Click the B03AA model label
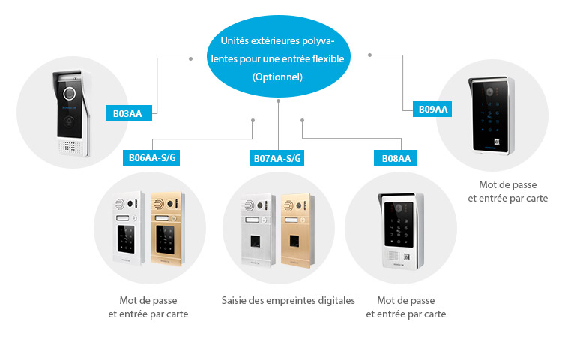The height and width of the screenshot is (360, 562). [x=129, y=113]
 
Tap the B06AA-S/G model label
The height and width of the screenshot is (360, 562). [x=151, y=157]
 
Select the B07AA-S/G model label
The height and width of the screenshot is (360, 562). [x=277, y=158]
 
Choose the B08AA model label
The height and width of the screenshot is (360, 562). [x=396, y=158]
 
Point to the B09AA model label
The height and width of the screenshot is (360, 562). [x=432, y=109]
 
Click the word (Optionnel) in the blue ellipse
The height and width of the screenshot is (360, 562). [x=277, y=76]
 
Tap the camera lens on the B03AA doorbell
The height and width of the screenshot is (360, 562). [x=70, y=93]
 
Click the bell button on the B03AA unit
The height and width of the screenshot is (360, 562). [x=69, y=123]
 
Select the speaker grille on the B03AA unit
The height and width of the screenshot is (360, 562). [x=69, y=147]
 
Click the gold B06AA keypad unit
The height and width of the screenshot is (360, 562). [x=167, y=229]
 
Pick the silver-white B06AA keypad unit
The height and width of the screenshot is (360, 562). [x=129, y=229]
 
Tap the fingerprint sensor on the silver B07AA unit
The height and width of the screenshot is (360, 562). [x=255, y=242]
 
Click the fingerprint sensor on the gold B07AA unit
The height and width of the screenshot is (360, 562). [x=294, y=242]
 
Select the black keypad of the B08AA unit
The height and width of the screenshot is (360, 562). [x=399, y=225]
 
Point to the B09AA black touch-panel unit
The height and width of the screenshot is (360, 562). [x=491, y=115]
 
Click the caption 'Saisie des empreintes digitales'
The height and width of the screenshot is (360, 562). [x=288, y=301]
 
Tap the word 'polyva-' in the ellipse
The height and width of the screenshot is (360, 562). [x=318, y=41]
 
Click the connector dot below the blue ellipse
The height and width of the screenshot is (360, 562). [x=278, y=101]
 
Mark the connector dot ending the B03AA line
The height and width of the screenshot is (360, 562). [x=190, y=58]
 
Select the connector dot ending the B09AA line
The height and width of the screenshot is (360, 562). [x=370, y=55]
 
